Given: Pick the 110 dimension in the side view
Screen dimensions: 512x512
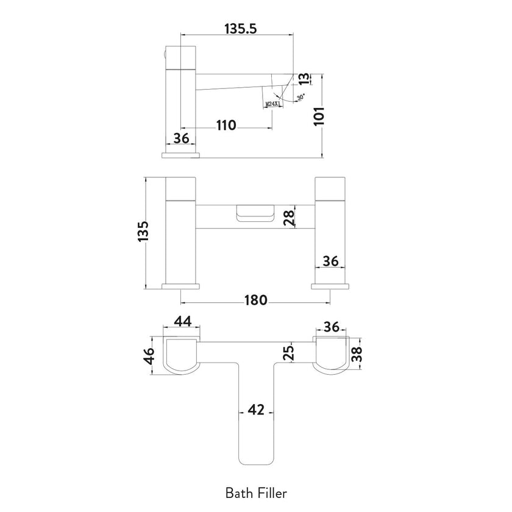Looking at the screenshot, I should pos(226,126).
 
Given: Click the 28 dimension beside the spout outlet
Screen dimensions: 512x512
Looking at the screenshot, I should pos(291,215).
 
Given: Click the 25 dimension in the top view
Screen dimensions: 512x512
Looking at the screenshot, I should pos(290,352).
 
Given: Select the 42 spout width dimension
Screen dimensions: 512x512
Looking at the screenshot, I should pos(256,410).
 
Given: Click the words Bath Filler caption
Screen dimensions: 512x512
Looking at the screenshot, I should pos(255,491).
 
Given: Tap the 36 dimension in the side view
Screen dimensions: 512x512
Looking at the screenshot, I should pos(181,138).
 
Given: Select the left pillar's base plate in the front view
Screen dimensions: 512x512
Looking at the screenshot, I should pos(182,286).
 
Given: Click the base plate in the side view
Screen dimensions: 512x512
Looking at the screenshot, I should pos(181,155).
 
